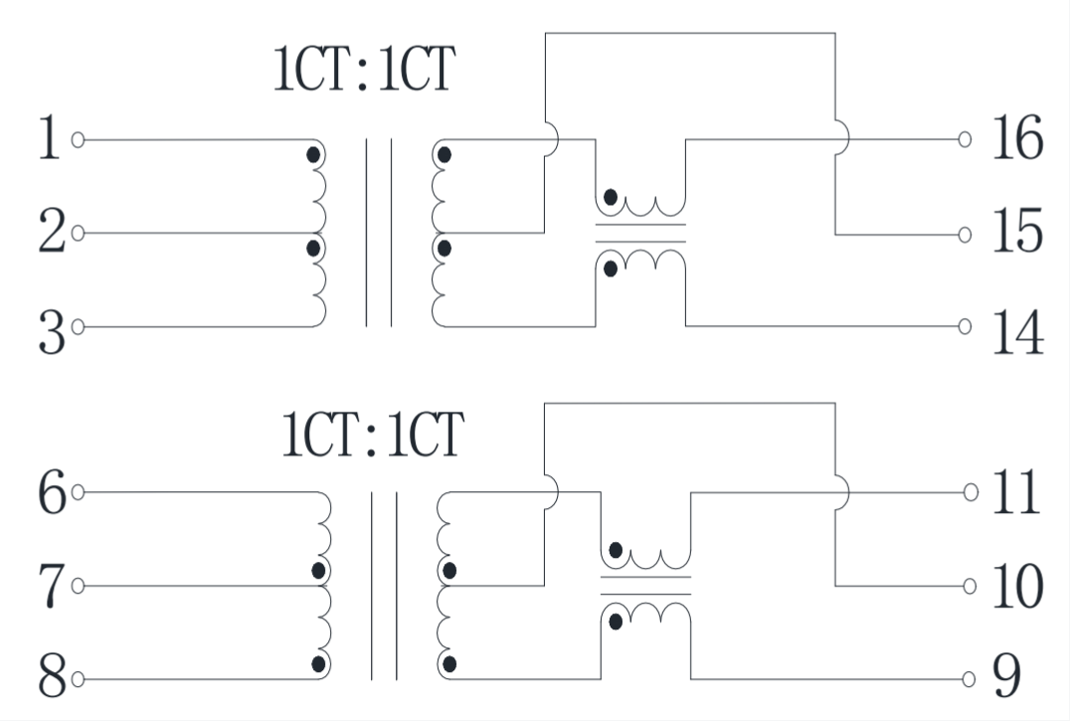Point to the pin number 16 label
coord(1016,139)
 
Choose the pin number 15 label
coord(1016,233)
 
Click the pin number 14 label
coord(1016,332)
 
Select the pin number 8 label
coord(53,680)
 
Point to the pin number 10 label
coord(1016,587)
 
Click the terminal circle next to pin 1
coord(78,139)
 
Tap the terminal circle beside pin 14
coord(965,326)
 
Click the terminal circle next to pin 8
coord(78,680)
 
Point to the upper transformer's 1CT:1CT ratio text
coord(364,72)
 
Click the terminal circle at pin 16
coord(965,139)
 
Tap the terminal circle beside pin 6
coord(78,491)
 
